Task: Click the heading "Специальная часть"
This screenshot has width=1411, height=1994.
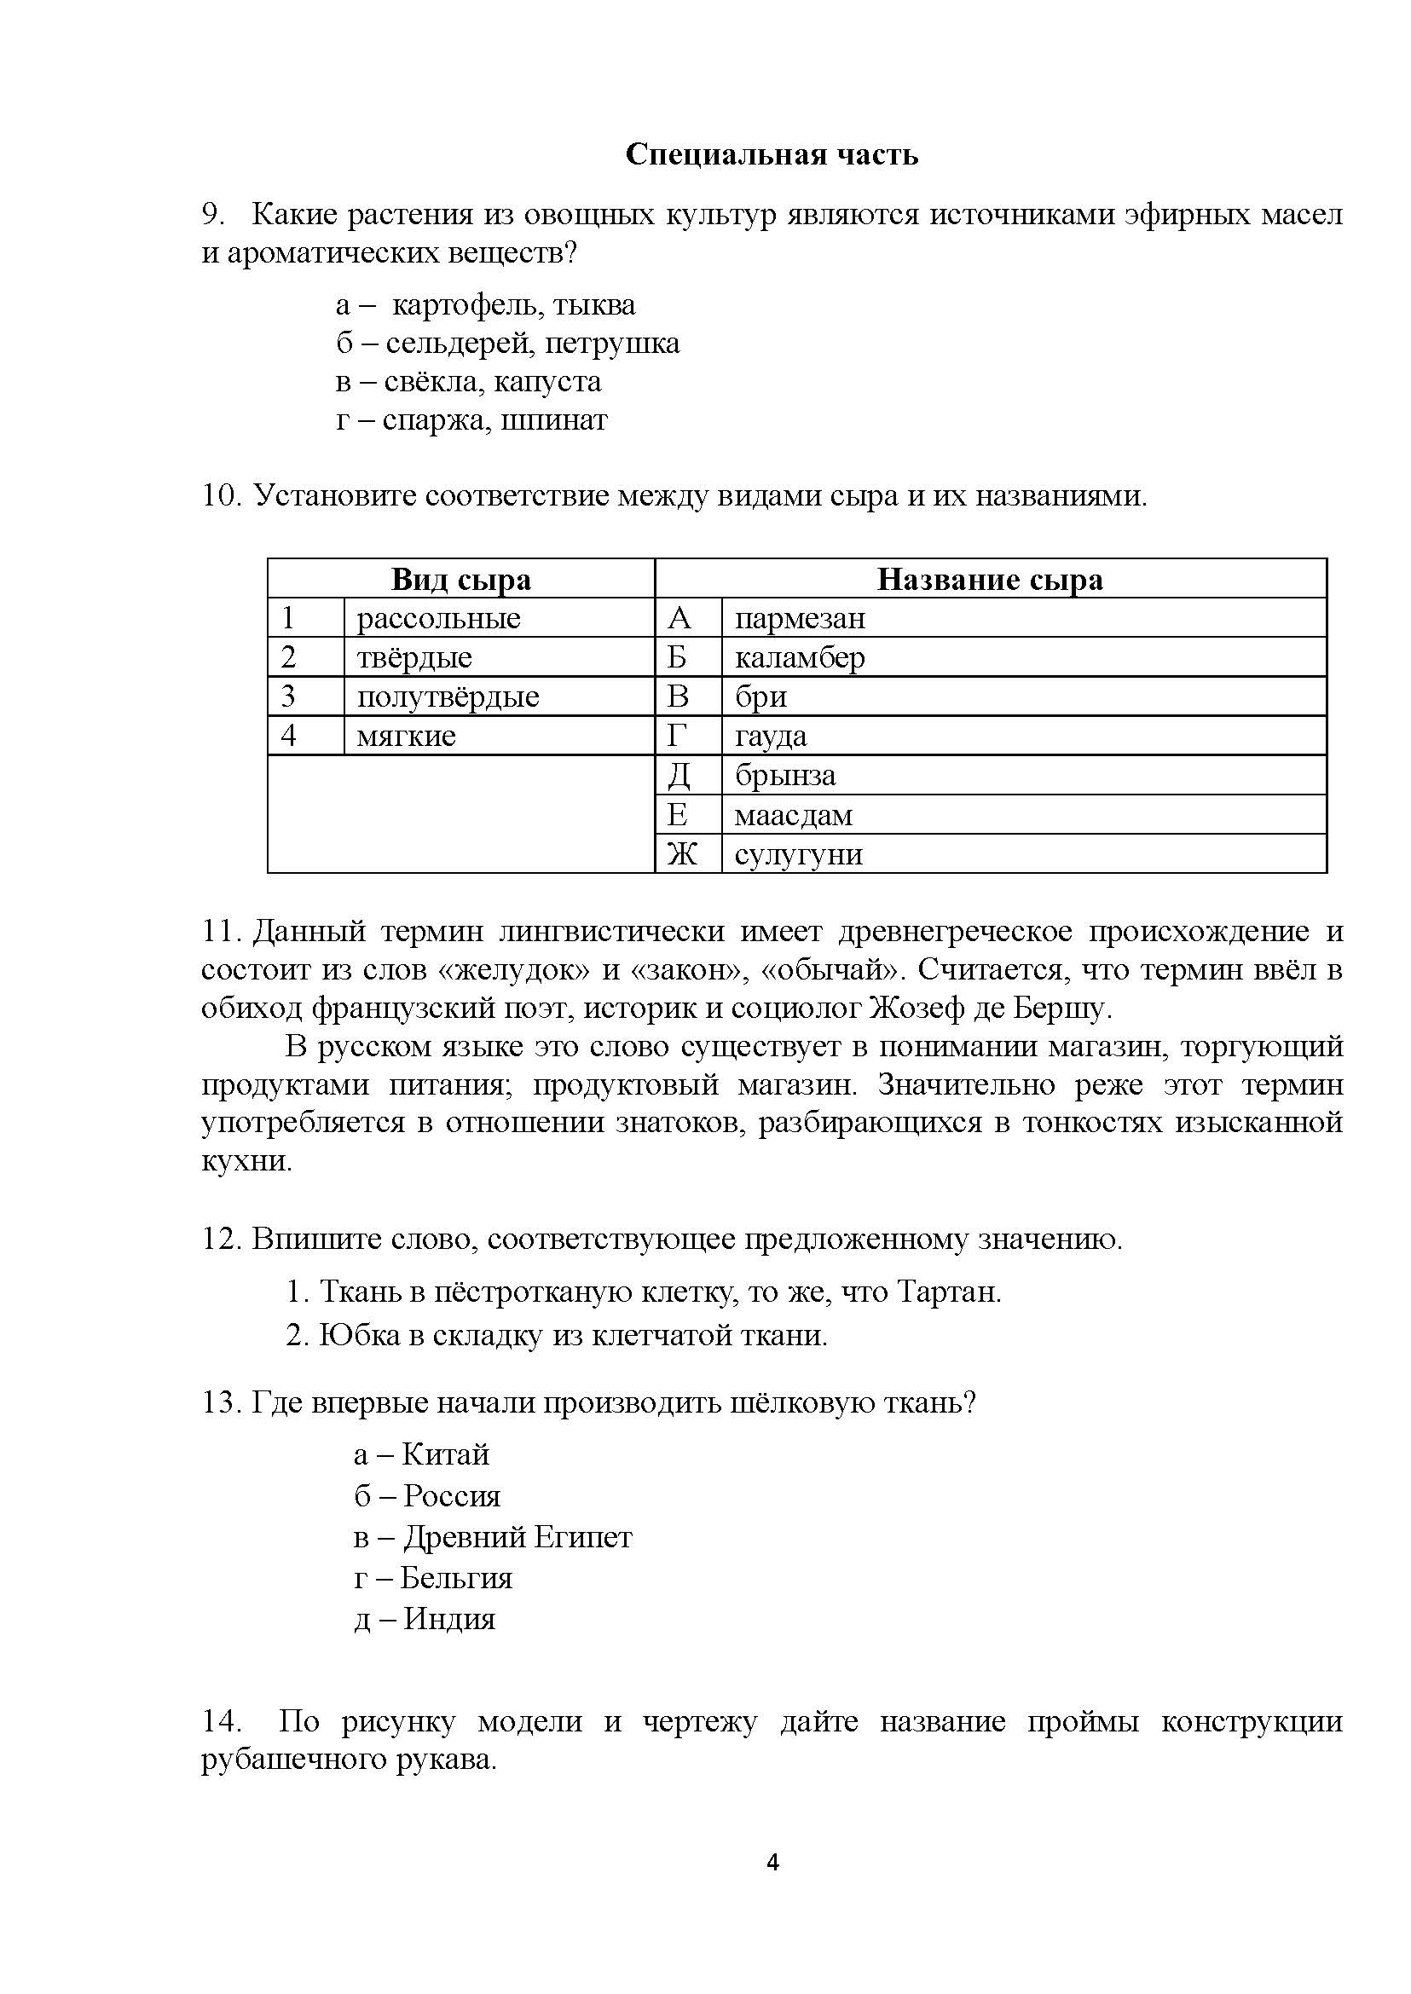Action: click(772, 154)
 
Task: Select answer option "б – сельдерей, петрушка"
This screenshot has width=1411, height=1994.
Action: click(507, 344)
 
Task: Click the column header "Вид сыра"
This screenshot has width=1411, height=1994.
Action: click(460, 580)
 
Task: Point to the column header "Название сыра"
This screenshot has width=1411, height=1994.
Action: click(990, 580)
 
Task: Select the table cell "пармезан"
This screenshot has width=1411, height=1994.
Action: click(801, 619)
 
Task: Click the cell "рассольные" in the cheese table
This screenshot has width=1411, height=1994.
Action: click(438, 619)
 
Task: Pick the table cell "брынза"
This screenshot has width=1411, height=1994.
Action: click(785, 775)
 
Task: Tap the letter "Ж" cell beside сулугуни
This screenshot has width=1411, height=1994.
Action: click(682, 854)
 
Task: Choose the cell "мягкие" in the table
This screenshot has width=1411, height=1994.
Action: click(406, 736)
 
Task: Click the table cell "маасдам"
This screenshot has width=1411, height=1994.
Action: click(793, 815)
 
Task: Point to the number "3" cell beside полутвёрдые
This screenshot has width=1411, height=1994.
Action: click(289, 696)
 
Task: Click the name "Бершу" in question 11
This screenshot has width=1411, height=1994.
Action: click(1067, 1009)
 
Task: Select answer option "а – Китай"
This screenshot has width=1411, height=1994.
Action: click(421, 1454)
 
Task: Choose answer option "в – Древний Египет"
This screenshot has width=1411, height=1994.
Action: click(493, 1537)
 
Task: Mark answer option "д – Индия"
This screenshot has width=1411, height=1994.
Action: click(425, 1619)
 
